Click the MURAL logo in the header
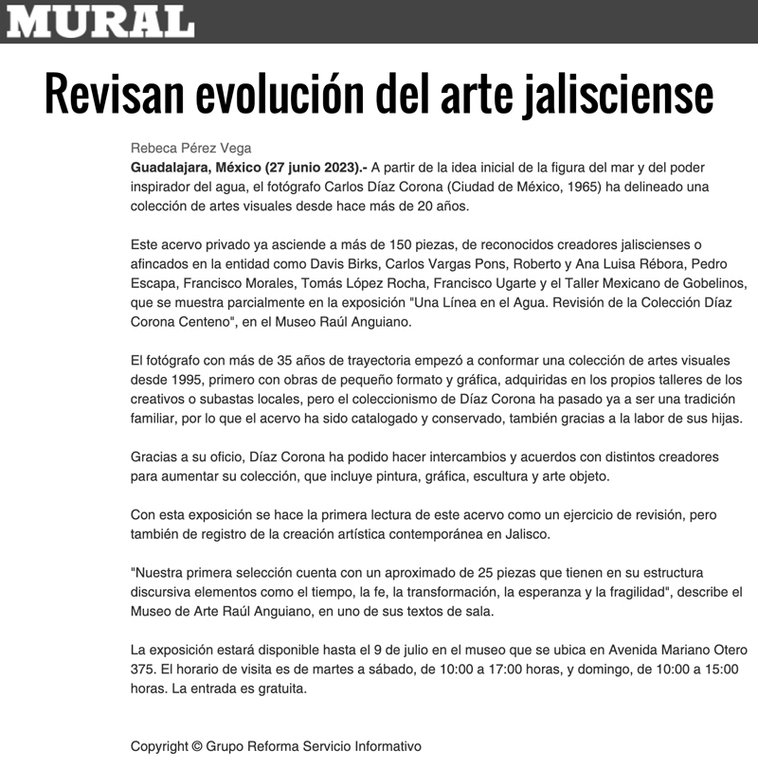tap(100, 21)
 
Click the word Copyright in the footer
tap(158, 746)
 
